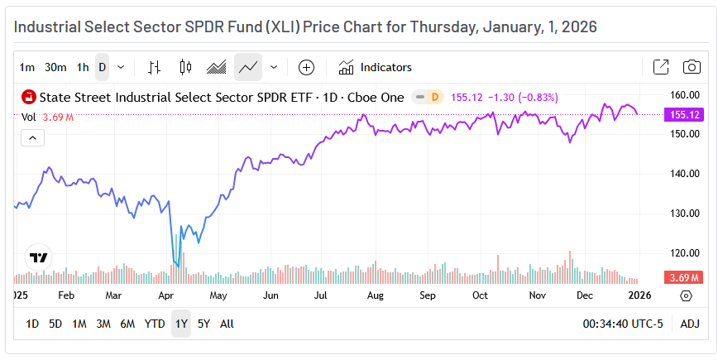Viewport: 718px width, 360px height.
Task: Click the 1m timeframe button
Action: click(27, 67)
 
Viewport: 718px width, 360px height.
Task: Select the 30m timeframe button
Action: click(55, 67)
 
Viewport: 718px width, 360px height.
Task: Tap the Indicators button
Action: click(376, 67)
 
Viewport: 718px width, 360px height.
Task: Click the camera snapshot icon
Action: click(692, 67)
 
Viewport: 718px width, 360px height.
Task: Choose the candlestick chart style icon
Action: click(184, 67)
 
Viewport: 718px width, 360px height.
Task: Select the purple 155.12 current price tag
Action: click(683, 115)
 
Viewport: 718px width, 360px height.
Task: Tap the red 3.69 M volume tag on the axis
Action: click(683, 277)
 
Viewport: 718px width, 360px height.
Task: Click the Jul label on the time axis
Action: click(321, 295)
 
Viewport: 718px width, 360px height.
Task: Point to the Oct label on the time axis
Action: click(481, 295)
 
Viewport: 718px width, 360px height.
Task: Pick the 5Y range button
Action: click(203, 324)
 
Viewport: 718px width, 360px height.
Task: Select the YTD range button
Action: click(155, 324)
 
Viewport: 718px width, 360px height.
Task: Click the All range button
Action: click(227, 324)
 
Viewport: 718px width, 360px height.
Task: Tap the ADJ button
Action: click(690, 324)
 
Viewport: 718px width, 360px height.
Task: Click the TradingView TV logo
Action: click(38, 257)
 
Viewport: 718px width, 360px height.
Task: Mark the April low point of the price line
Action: click(178, 266)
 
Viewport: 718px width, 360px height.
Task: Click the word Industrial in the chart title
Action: click(50, 26)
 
